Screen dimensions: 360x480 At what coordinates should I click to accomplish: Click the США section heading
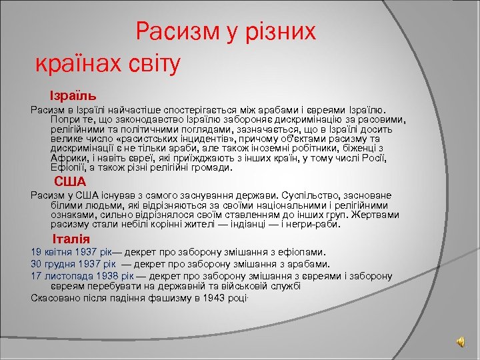pos(70,181)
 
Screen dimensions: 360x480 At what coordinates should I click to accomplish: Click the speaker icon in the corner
pos(461,341)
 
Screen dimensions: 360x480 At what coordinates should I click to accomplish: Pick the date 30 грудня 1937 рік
pos(73,264)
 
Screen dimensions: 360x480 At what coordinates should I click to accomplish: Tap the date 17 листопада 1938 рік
pos(82,275)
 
